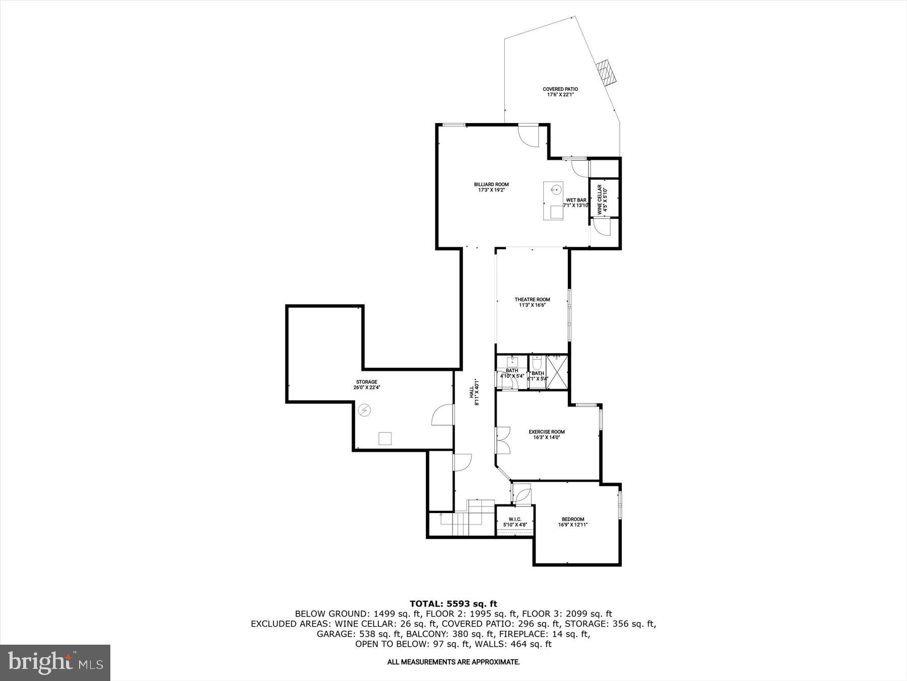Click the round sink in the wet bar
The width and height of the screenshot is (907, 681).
pos(555,190)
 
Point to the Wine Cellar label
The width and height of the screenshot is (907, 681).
pos(600,200)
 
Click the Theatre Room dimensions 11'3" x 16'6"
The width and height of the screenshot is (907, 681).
pos(533,305)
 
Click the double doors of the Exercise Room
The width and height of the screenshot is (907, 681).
pos(503,440)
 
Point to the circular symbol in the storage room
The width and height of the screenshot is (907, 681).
pos(364,411)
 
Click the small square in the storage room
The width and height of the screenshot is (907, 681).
pos(385,438)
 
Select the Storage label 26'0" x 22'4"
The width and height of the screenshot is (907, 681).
pos(366,385)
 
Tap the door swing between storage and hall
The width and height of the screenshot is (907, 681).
pos(442,415)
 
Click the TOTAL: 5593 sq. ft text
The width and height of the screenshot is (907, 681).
pos(453,603)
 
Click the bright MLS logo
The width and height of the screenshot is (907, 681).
pos(55,662)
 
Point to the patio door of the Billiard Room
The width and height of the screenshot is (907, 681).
pos(529,135)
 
